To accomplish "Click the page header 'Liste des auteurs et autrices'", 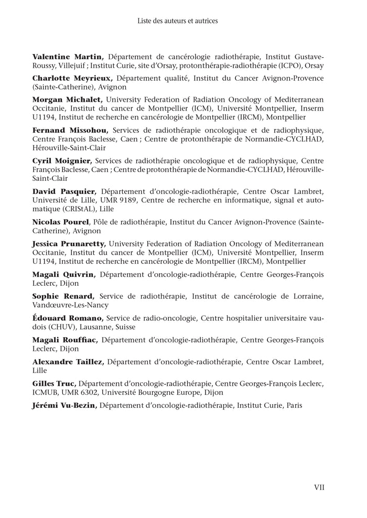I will pyautogui.click(x=177, y=21).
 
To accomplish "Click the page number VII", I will pyautogui.click(x=319, y=487).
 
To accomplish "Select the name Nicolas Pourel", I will pyautogui.click(x=61, y=222).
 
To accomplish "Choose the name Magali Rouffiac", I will pyautogui.click(x=64, y=340).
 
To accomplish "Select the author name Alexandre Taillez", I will pyautogui.click(x=68, y=362).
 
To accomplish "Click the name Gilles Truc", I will pyautogui.click(x=55, y=384).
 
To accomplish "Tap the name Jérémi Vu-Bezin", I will pyautogui.click(x=64, y=405).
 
